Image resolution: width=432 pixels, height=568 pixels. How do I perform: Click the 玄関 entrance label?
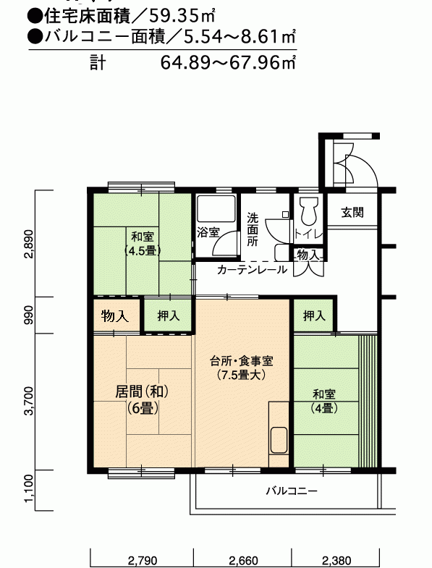coord(352,212)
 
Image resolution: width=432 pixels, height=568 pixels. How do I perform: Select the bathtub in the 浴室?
coord(216,208)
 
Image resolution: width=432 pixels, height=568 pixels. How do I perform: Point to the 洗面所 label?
coord(253,229)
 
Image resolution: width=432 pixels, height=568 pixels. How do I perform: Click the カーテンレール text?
coord(253,269)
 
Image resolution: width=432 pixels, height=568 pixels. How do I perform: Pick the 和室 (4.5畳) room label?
coord(143,243)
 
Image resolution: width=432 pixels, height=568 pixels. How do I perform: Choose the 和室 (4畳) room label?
coord(324,401)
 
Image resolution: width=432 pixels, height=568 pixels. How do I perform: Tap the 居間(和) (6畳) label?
coord(143,400)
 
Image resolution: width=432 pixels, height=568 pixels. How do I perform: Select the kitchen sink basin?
coord(279,440)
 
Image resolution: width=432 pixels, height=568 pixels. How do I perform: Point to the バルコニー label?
coord(292,491)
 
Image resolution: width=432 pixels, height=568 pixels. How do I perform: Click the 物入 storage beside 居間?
coord(115,316)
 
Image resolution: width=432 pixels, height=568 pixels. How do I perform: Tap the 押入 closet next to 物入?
coord(169,315)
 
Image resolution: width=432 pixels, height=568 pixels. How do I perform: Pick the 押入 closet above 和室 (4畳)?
coord(314,315)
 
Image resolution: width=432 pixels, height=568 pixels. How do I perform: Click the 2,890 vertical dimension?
coord(30,244)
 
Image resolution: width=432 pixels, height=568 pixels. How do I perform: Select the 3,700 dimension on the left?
coord(30,401)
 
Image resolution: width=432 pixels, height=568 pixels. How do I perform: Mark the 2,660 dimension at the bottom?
coord(243,561)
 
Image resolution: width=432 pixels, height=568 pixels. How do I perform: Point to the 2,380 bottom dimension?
coord(336,561)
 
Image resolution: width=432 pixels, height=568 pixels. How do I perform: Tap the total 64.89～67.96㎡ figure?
coord(228,62)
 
